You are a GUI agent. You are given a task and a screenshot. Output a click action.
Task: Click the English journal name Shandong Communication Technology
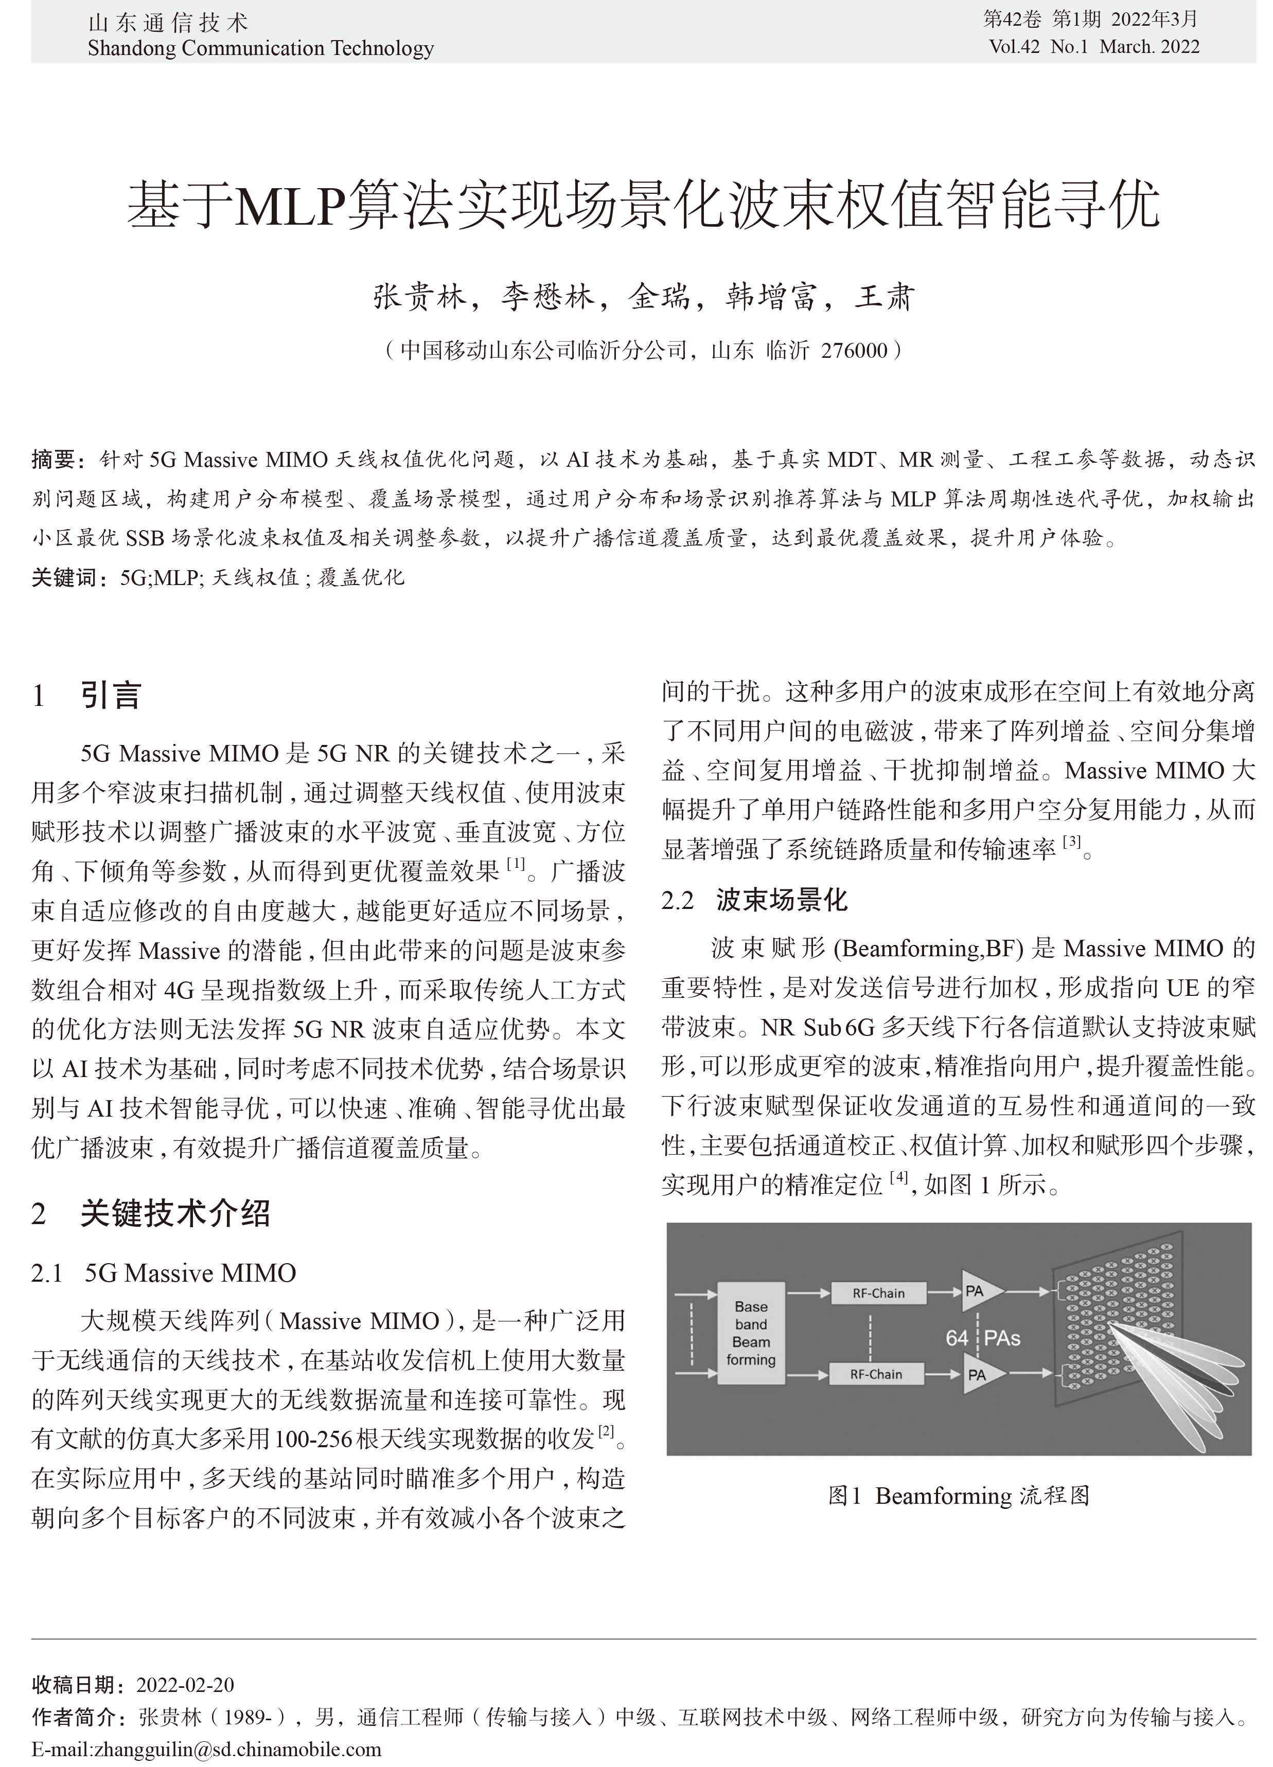click(x=260, y=48)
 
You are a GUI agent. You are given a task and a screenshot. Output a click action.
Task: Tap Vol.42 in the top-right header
click(x=1014, y=47)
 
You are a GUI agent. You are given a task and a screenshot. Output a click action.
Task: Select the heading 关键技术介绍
click(x=175, y=1213)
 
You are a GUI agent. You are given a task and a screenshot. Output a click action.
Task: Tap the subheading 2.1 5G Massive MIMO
click(x=164, y=1273)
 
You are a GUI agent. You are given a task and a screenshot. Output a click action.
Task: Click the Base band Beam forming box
click(x=751, y=1333)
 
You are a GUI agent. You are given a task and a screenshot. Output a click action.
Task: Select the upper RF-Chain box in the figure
click(x=878, y=1294)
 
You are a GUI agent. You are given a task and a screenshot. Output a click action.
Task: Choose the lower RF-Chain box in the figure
click(x=876, y=1374)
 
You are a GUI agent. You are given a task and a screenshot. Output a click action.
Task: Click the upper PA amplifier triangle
click(x=978, y=1292)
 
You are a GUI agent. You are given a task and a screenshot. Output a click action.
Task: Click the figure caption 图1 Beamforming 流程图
click(x=958, y=1495)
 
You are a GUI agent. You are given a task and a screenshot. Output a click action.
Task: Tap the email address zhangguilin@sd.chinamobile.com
click(x=237, y=1749)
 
